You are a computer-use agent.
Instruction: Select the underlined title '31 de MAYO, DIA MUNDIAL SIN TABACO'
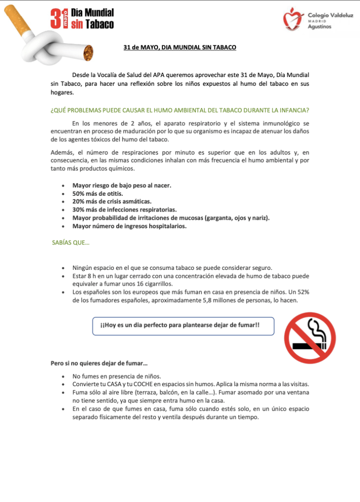pyautogui.click(x=180, y=48)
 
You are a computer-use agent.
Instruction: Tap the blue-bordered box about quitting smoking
pyautogui.click(x=183, y=326)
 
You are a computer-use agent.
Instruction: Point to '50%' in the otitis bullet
pyautogui.click(x=79, y=193)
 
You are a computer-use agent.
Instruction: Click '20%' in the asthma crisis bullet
pyautogui.click(x=79, y=202)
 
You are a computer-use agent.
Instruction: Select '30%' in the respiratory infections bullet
pyautogui.click(x=79, y=210)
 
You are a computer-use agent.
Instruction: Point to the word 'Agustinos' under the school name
pyautogui.click(x=319, y=26)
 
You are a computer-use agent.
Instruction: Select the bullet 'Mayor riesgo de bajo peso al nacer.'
pyautogui.click(x=122, y=185)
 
